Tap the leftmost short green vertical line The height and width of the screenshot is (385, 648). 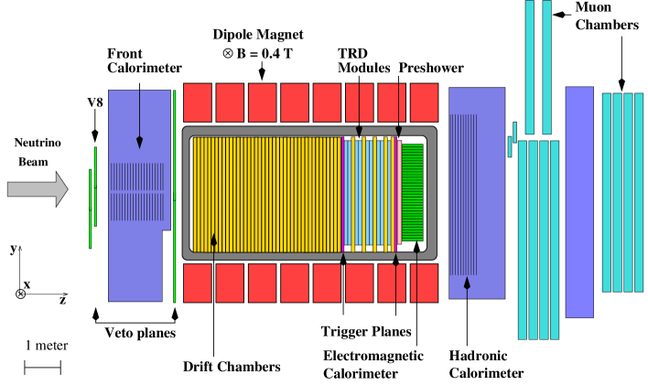click(90, 209)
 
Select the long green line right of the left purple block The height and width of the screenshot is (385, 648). click(175, 196)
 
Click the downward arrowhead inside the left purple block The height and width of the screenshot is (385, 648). click(140, 143)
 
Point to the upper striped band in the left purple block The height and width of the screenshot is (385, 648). click(136, 176)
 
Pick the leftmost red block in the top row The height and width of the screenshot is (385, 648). click(198, 102)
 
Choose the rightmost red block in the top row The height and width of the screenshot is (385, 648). click(424, 102)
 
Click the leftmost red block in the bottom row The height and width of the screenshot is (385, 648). click(198, 283)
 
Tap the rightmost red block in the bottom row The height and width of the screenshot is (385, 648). click(425, 283)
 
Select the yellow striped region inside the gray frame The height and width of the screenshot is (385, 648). click(265, 194)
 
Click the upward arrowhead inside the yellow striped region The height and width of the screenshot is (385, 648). click(214, 240)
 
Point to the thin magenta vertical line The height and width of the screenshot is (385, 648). click(342, 194)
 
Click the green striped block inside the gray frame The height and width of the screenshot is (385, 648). click(413, 192)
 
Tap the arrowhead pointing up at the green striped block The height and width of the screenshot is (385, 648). click(416, 246)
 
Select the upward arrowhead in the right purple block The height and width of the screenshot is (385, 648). click(467, 283)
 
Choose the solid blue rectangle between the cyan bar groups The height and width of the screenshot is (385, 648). click(579, 201)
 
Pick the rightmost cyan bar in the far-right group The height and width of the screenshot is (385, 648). click(639, 192)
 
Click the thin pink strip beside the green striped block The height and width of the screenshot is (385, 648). click(399, 192)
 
